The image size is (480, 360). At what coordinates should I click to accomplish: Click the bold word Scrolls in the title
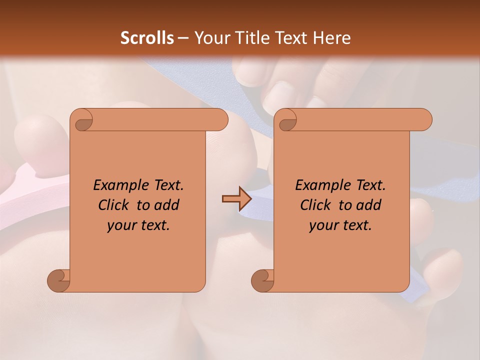(x=147, y=37)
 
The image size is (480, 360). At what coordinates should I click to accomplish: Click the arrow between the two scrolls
(x=236, y=198)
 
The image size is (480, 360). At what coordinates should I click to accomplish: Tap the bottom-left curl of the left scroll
(x=59, y=280)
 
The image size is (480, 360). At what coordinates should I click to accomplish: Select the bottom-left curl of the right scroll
(x=263, y=280)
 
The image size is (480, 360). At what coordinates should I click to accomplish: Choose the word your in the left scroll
(x=121, y=225)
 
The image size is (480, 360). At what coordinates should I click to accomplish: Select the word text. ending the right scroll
(x=356, y=225)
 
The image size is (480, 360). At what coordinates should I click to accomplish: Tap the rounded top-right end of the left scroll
(x=220, y=120)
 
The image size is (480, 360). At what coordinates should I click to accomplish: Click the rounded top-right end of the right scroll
(x=424, y=120)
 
